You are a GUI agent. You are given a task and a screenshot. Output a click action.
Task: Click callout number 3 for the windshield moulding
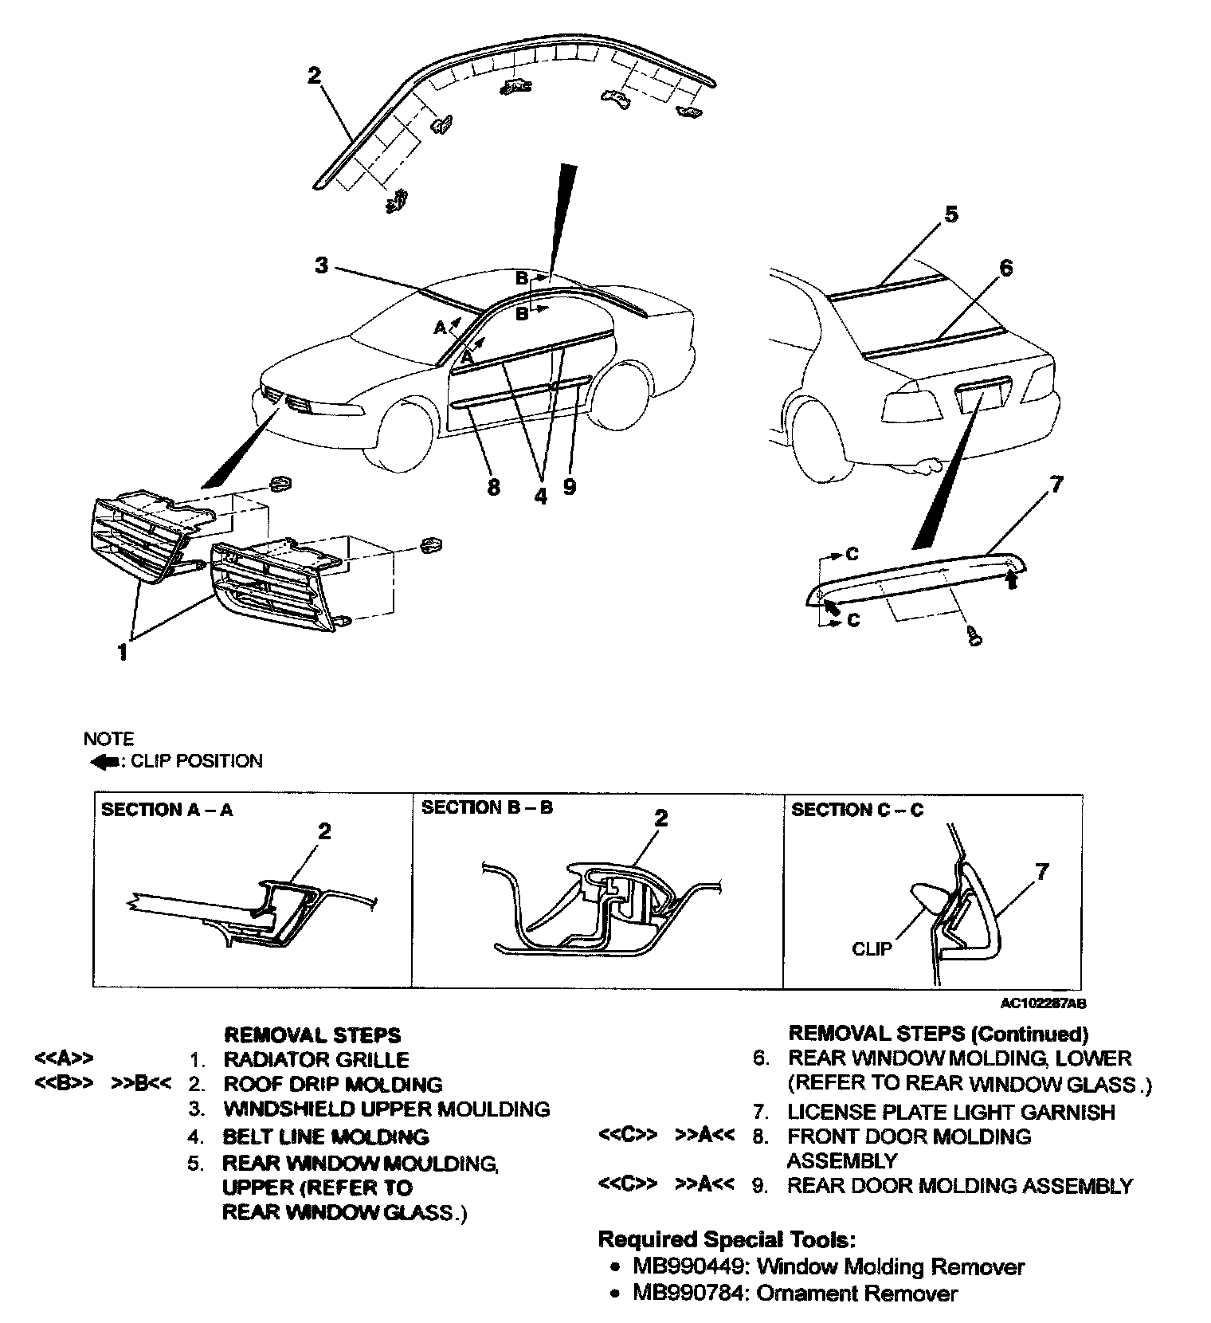point(321,265)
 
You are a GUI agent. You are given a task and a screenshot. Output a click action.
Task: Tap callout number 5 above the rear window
point(951,215)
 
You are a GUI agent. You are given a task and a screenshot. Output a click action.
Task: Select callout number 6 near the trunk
point(1005,269)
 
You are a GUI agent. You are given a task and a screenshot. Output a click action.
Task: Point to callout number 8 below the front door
point(493,486)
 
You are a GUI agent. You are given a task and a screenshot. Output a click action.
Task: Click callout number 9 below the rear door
point(569,486)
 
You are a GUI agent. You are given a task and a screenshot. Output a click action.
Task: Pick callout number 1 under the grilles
point(123,653)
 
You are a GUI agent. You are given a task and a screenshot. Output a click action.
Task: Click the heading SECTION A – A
point(167,810)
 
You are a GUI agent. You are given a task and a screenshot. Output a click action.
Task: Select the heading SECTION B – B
point(487,807)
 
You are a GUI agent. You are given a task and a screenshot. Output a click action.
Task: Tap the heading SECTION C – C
point(857,810)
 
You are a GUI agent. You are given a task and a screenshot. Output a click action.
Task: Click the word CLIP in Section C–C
point(872,949)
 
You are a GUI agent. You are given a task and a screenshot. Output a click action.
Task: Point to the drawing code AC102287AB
point(1043,1004)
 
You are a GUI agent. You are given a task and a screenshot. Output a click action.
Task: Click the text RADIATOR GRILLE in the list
point(316,1060)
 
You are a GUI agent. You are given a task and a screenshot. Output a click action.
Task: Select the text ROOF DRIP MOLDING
point(332,1085)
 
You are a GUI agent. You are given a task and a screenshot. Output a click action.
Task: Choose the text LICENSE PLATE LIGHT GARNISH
point(951,1112)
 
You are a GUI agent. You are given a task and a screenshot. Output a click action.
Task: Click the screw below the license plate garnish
point(974,636)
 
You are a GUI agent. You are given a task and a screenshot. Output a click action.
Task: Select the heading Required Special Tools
point(727,1239)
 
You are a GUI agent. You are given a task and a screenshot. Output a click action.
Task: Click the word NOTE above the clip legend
point(108,739)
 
